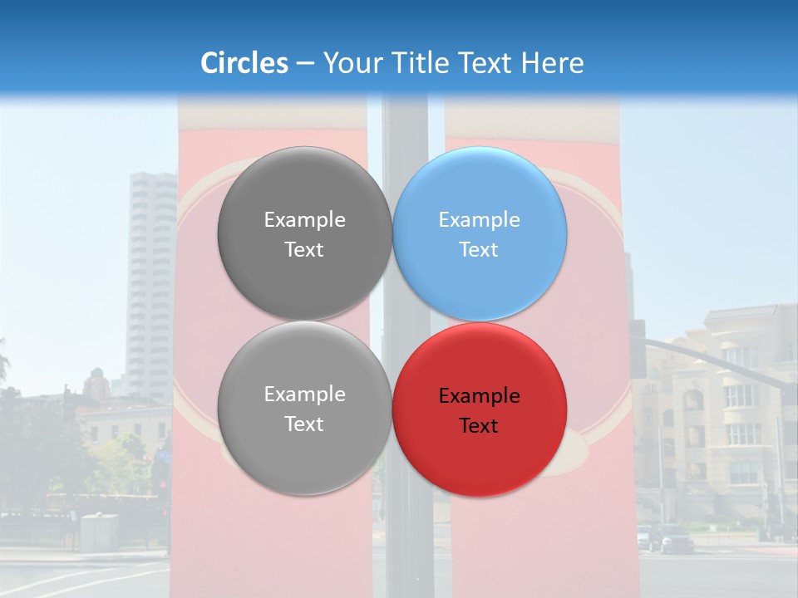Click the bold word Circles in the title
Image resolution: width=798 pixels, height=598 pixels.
click(244, 63)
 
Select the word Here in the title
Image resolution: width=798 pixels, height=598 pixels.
click(552, 63)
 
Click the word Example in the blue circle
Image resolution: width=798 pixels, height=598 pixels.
click(479, 220)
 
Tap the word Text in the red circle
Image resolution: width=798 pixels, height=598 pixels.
click(479, 426)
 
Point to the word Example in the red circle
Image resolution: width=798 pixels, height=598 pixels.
click(479, 396)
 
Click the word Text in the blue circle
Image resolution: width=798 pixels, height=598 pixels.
click(479, 250)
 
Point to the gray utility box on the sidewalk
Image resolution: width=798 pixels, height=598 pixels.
click(99, 532)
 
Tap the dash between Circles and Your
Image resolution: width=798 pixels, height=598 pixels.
click(305, 64)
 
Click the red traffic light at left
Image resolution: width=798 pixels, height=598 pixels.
click(162, 484)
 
